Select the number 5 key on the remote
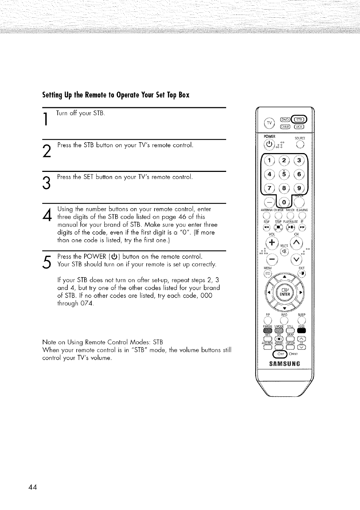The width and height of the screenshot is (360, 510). (x=284, y=174)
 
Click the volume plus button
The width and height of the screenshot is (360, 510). (x=272, y=243)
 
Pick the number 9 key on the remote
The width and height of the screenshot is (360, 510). (x=300, y=189)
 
